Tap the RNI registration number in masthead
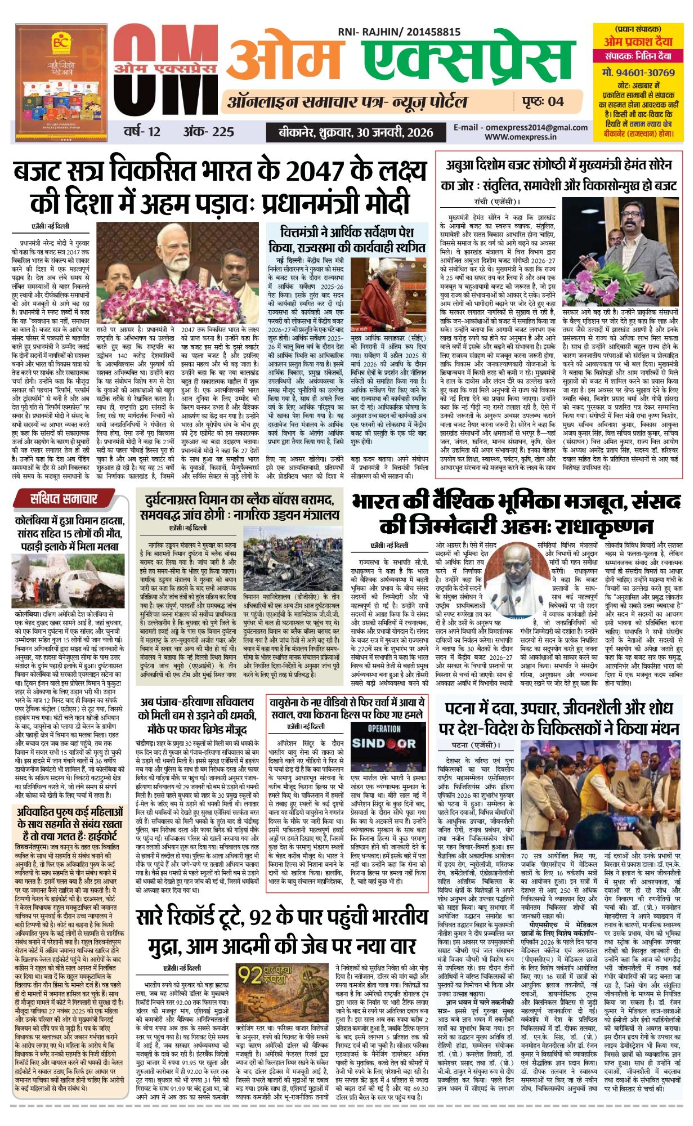(399, 33)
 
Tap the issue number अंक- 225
(208, 132)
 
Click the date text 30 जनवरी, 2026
(394, 132)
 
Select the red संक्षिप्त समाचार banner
(64, 498)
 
